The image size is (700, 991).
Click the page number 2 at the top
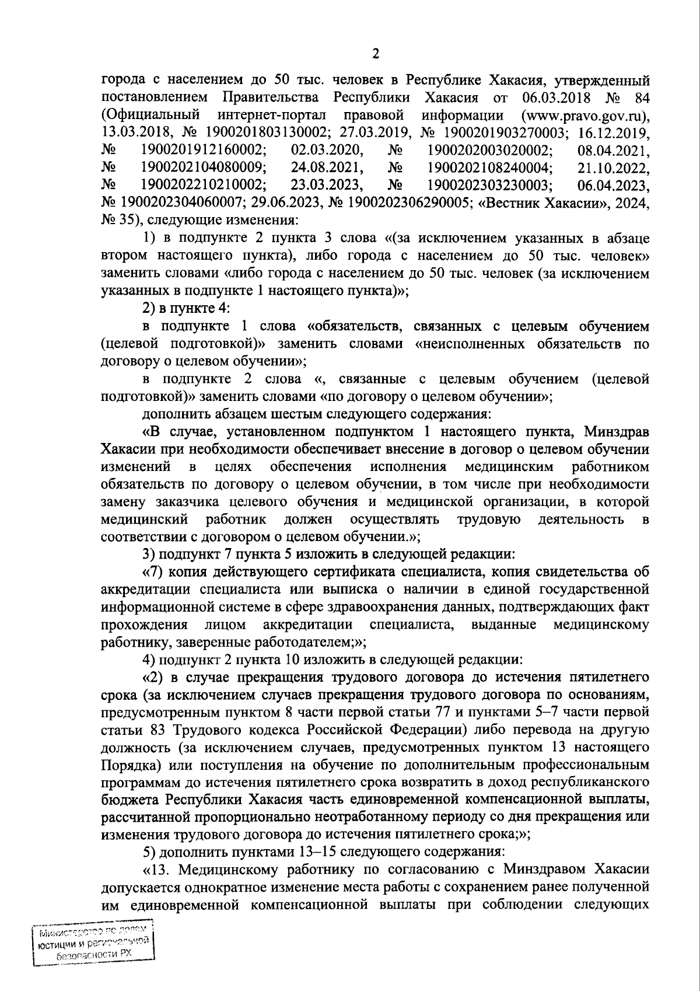click(375, 54)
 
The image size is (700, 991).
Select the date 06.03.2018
click(542, 96)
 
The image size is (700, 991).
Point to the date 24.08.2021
click(327, 168)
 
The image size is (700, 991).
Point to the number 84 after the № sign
click(642, 96)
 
